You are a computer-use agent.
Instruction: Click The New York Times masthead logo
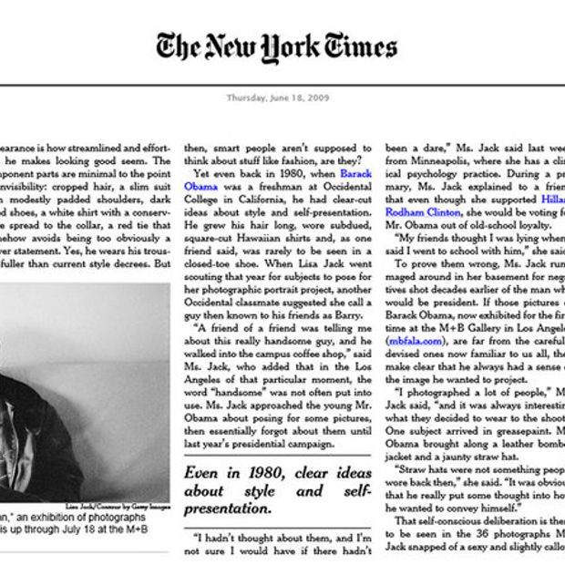[276, 47]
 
